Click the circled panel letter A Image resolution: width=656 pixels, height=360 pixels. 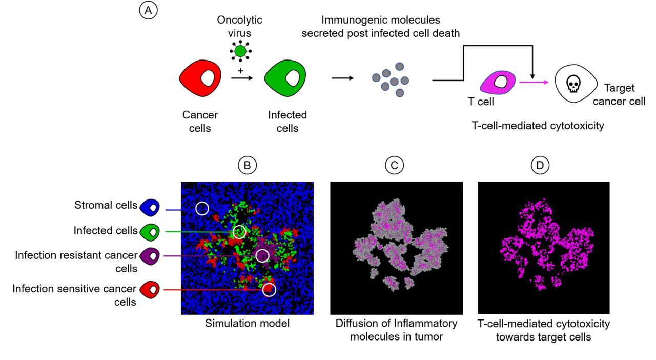(148, 11)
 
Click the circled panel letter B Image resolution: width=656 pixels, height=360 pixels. (247, 165)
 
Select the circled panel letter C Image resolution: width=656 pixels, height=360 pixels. (394, 165)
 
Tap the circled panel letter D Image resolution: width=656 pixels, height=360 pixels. (540, 165)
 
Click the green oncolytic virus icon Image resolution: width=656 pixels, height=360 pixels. (240, 51)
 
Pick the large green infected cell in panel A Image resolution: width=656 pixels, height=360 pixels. (285, 79)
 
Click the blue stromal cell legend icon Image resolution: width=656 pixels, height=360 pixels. (150, 206)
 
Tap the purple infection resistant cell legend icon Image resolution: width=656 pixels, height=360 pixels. (150, 255)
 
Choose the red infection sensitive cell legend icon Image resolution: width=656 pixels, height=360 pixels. (150, 290)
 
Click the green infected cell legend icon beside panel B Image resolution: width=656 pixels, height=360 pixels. (150, 231)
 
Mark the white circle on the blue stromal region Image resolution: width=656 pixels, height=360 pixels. (202, 208)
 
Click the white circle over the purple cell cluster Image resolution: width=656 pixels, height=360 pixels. (262, 255)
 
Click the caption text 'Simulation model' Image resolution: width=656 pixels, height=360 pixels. (247, 324)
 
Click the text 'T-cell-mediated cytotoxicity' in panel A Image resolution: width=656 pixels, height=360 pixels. (538, 126)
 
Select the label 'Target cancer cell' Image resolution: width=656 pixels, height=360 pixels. (624, 94)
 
